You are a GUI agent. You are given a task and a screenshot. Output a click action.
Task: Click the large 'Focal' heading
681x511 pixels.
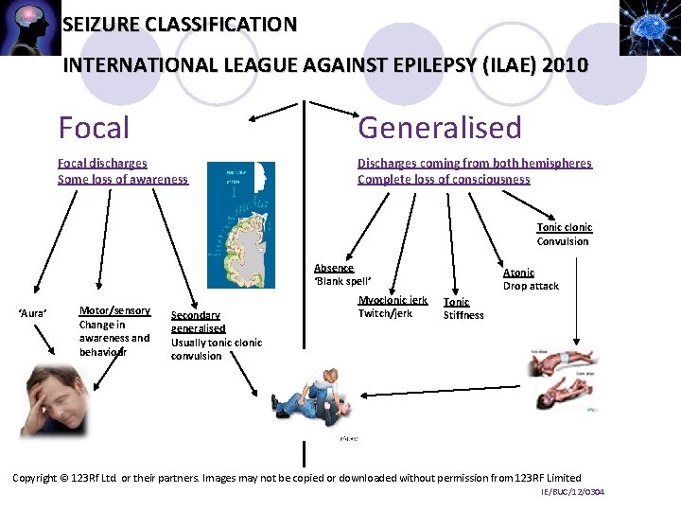(94, 127)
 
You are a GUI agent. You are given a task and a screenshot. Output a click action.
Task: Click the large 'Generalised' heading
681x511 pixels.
(439, 127)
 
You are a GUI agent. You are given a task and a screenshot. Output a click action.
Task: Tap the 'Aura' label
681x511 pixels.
(34, 312)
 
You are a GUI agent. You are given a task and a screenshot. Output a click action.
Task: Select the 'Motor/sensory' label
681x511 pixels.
(114, 310)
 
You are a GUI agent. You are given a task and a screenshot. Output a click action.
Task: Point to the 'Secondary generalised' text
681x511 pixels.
(197, 322)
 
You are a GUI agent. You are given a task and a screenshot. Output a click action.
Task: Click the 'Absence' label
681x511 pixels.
(334, 268)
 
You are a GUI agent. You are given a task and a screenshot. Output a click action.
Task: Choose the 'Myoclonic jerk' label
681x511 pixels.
(393, 300)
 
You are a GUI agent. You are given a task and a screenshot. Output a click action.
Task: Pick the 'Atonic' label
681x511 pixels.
(518, 273)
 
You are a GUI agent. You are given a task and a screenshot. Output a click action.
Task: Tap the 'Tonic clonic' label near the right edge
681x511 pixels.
(564, 227)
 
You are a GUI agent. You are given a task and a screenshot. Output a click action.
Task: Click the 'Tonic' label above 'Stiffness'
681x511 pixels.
(457, 302)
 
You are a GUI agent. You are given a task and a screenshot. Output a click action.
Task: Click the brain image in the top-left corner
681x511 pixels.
(29, 27)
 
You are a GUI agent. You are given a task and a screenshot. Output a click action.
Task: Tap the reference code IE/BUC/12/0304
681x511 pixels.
(572, 492)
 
